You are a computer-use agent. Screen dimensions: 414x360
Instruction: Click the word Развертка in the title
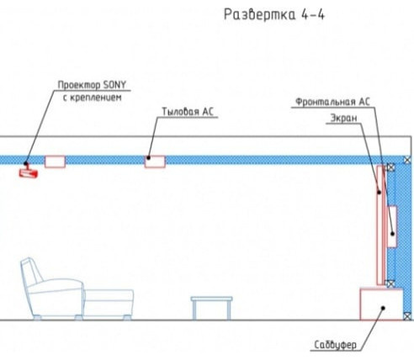pos(260,14)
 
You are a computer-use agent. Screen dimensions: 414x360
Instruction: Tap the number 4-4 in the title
pos(313,14)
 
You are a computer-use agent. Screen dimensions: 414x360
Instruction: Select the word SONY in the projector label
pos(114,85)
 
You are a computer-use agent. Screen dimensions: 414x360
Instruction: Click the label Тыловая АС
pos(188,112)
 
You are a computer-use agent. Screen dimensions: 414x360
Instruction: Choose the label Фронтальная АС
pos(332,102)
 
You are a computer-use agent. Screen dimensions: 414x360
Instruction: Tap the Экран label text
pos(343,118)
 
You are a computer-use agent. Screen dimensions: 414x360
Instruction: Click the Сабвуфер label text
pos(335,345)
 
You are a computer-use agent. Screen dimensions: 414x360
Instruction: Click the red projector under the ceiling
pos(29,172)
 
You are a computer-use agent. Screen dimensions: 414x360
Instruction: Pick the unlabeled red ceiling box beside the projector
pos(55,161)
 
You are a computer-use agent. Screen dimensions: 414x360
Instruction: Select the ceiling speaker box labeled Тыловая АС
pos(155,161)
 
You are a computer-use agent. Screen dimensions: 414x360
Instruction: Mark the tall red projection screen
pos(381,225)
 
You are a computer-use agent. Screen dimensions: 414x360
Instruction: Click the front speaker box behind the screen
pos(392,226)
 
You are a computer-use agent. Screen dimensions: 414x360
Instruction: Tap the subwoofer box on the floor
pos(381,304)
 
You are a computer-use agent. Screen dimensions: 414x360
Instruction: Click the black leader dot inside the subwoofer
pos(383,308)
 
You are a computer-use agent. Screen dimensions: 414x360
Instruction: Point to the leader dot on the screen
pos(379,193)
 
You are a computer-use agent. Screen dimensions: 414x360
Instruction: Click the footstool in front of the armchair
pos(109,304)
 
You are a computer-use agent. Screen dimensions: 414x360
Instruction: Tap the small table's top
pos(212,299)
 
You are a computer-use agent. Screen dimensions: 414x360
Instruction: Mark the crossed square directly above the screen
pos(390,167)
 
